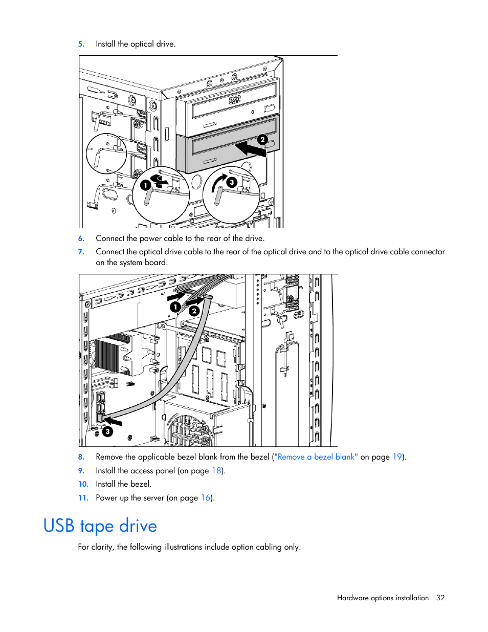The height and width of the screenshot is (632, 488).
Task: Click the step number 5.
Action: (81, 44)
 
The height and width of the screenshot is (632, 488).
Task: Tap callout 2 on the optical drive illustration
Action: (262, 140)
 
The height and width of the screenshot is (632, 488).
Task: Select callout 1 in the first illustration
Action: (146, 185)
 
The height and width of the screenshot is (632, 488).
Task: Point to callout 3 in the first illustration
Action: (232, 182)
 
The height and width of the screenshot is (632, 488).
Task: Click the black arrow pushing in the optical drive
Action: (250, 149)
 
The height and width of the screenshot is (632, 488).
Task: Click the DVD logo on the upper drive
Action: (234, 100)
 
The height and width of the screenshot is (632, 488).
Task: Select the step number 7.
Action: (81, 252)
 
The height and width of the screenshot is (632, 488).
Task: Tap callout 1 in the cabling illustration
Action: (175, 307)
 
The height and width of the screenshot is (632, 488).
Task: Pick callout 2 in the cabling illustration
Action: (194, 311)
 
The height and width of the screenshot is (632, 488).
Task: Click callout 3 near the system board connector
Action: (107, 431)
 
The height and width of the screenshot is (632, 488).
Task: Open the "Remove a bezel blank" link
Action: (316, 457)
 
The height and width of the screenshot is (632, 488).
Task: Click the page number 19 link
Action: (397, 457)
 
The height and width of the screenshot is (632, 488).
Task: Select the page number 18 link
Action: (216, 471)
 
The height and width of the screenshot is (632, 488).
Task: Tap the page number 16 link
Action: (206, 498)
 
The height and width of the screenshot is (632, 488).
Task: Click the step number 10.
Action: (83, 484)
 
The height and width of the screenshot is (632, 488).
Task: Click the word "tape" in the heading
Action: (97, 526)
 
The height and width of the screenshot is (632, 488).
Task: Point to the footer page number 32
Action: (440, 598)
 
